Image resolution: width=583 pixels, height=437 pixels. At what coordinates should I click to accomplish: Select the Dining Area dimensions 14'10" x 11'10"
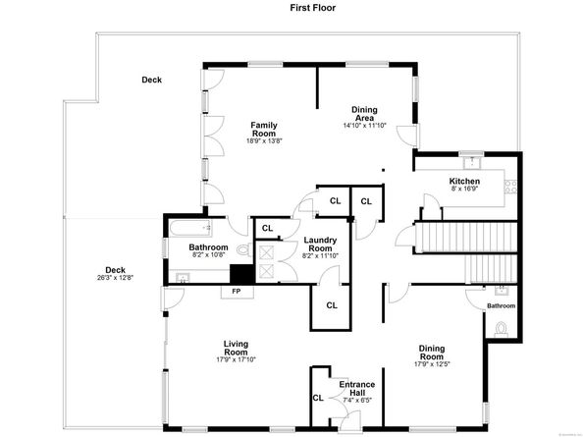(x=365, y=126)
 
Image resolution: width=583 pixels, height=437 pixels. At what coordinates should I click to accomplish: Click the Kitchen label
(x=463, y=182)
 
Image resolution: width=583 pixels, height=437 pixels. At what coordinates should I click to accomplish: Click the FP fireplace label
(x=236, y=292)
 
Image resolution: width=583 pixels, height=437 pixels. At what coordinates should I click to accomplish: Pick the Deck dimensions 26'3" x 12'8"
(x=116, y=277)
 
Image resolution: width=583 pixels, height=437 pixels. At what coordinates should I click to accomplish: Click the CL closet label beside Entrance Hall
(x=317, y=398)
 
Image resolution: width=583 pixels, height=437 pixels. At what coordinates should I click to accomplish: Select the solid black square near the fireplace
(x=239, y=275)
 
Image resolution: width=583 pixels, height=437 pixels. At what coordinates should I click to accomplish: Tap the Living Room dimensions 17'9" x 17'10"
(x=235, y=358)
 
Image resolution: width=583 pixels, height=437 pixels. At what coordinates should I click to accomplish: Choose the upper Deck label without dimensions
(x=151, y=81)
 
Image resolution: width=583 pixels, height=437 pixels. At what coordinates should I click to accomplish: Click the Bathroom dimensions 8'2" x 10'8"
(x=208, y=256)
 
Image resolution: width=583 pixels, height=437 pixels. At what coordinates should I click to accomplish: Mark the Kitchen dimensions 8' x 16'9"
(x=463, y=191)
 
